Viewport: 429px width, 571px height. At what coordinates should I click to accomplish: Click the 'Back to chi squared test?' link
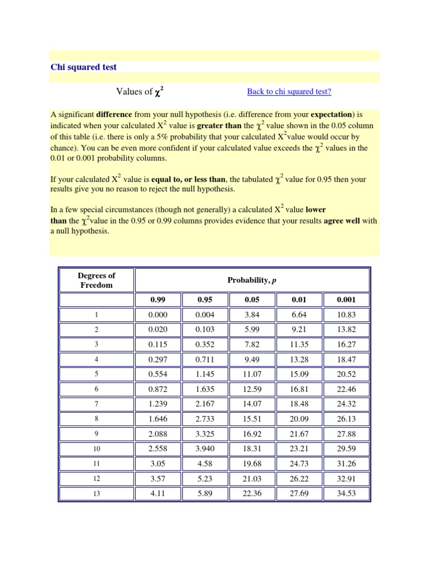tap(289, 92)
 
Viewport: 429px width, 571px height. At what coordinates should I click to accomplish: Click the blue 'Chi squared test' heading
tap(84, 67)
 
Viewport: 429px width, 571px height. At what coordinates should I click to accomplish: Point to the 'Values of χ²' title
tap(140, 91)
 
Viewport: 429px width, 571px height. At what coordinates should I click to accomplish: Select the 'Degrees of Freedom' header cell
tap(97, 280)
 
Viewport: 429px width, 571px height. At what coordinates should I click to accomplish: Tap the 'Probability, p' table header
tap(252, 280)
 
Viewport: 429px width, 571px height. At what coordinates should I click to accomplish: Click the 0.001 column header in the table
tap(346, 299)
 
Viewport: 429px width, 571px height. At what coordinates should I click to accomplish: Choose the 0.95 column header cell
tap(205, 299)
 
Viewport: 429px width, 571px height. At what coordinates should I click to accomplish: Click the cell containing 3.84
tap(252, 314)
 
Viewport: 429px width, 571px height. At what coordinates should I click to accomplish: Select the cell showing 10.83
tap(346, 314)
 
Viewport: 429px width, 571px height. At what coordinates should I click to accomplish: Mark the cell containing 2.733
tap(205, 418)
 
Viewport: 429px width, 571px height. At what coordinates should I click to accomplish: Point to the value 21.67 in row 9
tap(299, 433)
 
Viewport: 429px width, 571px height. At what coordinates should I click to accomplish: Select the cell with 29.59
tap(346, 448)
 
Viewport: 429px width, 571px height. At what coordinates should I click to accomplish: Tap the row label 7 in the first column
tap(97, 403)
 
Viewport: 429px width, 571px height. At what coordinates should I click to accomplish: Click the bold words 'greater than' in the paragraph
tap(219, 126)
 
